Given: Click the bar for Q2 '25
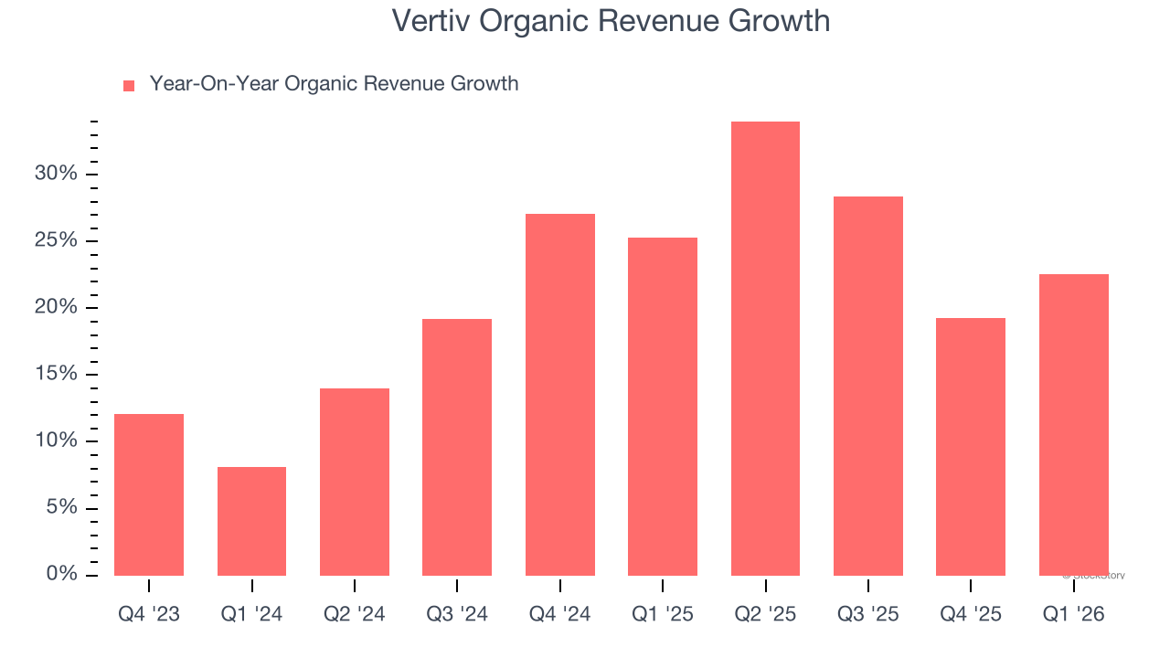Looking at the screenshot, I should (765, 348).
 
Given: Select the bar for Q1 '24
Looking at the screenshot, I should (251, 521).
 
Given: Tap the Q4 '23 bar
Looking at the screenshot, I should (149, 494).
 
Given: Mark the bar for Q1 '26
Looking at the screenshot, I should (1073, 425).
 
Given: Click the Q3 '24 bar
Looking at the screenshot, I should (457, 447).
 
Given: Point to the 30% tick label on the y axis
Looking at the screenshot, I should (56, 174).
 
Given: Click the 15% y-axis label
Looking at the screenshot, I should (56, 374).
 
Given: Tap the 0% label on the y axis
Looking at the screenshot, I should (62, 574).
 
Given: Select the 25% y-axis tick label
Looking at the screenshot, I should (56, 240).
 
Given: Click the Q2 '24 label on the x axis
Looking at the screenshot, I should (355, 614).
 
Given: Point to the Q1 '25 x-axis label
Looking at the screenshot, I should (663, 614).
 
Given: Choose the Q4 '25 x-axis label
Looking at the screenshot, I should (971, 614).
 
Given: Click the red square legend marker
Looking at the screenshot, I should (129, 85).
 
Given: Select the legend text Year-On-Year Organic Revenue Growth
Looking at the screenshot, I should (334, 84).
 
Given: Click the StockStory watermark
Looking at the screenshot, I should (1093, 576).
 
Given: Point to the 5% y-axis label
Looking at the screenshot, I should (62, 507).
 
